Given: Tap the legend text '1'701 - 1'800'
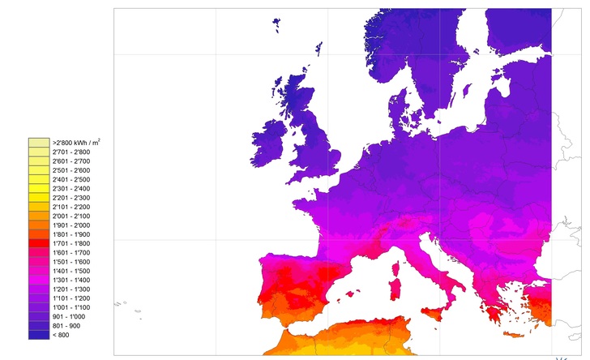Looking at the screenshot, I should [71, 243].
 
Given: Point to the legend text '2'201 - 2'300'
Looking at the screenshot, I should [71, 198].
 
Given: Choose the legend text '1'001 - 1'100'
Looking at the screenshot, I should [71, 307].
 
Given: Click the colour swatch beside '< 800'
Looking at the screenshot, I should [38, 335].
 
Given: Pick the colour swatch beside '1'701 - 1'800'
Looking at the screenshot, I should [38, 243].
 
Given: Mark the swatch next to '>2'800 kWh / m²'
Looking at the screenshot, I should [38, 143].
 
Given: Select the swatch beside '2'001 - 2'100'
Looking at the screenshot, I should [38, 216].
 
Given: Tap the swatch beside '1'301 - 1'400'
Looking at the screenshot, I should [38, 280].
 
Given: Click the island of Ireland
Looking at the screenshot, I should [269, 144].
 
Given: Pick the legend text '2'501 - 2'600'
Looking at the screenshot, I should [71, 170].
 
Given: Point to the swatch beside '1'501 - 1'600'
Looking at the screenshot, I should [38, 262].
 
